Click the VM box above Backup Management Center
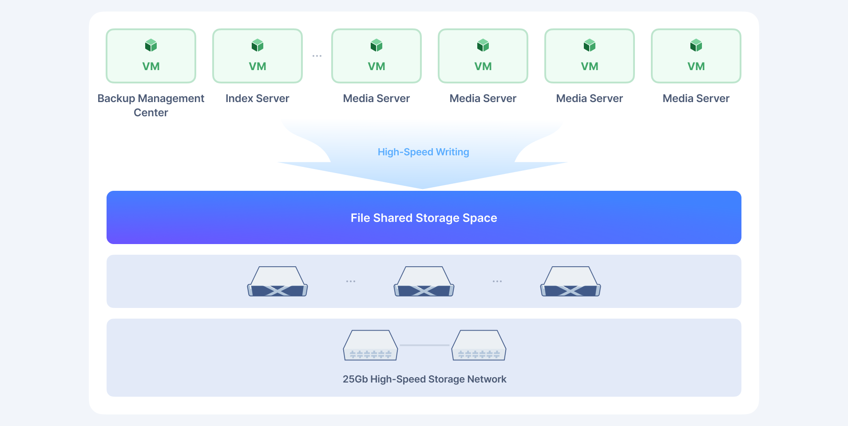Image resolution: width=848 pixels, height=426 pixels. click(151, 56)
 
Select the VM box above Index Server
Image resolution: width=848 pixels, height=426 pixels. click(258, 56)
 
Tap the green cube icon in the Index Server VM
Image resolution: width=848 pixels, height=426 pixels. click(258, 45)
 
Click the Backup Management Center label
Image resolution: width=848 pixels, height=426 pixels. click(151, 105)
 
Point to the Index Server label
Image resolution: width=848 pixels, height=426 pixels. click(258, 99)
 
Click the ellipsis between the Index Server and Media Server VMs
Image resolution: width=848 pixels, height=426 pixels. click(317, 56)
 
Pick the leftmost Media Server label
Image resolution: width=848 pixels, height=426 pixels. click(376, 99)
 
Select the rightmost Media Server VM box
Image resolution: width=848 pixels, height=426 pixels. click(696, 56)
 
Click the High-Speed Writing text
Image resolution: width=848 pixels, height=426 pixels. click(424, 152)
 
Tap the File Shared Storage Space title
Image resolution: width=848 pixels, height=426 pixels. click(424, 218)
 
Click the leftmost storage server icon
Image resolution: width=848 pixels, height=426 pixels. click(277, 281)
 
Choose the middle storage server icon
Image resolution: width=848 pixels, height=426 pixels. click(424, 281)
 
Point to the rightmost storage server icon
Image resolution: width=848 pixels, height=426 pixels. click(571, 281)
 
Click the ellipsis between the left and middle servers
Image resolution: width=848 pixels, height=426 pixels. click(351, 281)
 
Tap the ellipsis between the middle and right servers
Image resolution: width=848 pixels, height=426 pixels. click(497, 281)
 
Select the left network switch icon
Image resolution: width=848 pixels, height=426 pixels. click(370, 345)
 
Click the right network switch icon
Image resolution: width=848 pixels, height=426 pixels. click(479, 345)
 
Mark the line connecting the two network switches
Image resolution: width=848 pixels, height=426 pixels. click(425, 345)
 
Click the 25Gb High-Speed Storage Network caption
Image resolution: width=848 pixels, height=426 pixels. click(424, 379)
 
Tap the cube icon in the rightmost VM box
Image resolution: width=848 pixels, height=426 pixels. click(696, 45)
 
